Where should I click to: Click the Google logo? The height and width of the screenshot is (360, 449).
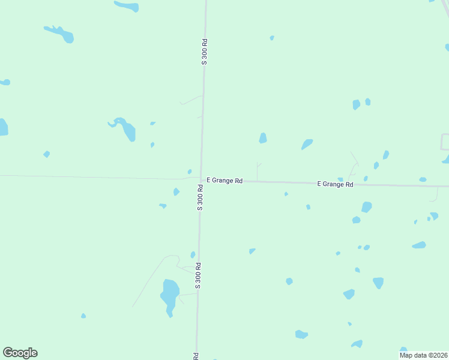click(x=20, y=353)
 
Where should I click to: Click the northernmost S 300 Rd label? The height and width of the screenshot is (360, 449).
click(x=205, y=52)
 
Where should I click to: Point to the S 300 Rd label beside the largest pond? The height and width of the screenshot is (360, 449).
click(x=197, y=275)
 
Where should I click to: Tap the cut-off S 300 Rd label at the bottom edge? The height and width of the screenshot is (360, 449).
click(x=196, y=356)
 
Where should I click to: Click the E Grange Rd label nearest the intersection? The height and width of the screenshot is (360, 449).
click(x=224, y=180)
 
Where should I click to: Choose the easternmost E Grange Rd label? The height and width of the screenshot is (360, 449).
click(x=335, y=184)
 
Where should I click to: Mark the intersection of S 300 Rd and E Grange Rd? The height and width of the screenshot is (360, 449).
click(x=200, y=179)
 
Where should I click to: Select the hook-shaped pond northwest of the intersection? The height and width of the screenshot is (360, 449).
click(x=125, y=128)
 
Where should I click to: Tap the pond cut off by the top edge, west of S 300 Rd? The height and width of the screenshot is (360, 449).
click(x=127, y=6)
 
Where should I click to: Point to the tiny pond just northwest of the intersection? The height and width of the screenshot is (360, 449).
click(x=190, y=172)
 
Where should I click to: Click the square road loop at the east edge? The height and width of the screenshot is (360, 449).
click(x=445, y=142)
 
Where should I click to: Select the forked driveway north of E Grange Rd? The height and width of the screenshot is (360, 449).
click(x=258, y=172)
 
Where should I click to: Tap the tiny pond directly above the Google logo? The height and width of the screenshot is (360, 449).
click(x=83, y=316)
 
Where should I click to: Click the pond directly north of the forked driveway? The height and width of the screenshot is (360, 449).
click(x=263, y=138)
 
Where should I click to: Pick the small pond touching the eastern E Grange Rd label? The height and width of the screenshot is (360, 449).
click(x=340, y=179)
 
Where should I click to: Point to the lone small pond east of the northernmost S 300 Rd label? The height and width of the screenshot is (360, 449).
click(x=272, y=38)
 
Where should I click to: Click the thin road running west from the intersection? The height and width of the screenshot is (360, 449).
click(x=90, y=177)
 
